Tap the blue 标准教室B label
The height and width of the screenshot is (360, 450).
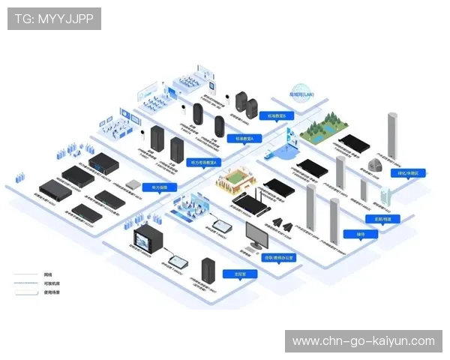(272, 117)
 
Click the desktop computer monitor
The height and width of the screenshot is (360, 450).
(256, 235)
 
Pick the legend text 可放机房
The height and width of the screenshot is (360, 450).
(50, 283)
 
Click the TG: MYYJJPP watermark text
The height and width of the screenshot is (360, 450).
(54, 19)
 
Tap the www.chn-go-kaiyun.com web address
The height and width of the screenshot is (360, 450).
(363, 341)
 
